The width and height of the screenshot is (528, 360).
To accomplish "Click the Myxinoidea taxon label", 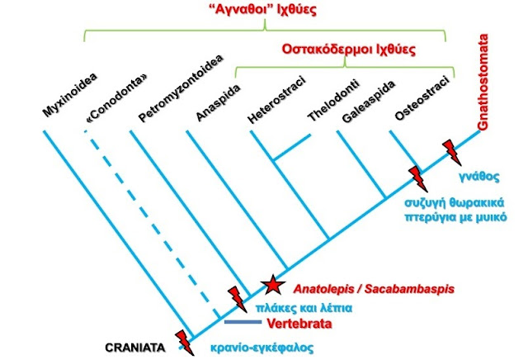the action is point(70,95).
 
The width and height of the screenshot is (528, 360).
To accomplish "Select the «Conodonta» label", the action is point(117,97).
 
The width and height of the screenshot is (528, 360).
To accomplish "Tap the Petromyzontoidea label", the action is point(181,88).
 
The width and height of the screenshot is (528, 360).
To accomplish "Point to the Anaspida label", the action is point(219,102).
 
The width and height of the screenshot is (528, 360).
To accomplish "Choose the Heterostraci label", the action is point(277,100).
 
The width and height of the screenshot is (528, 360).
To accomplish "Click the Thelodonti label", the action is point(333,101).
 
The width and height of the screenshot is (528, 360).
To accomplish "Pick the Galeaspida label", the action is point(369,102).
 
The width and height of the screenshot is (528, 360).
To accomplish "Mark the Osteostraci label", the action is point(422,98).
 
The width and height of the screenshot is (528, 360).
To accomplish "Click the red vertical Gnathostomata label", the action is point(483,82).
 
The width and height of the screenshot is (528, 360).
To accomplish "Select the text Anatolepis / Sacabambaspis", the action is point(374,289).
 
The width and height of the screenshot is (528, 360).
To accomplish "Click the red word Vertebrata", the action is point(299,324).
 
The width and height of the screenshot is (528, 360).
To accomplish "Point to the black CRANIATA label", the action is point(135,348).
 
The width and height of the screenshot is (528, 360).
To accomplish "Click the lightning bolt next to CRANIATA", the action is point(185,343).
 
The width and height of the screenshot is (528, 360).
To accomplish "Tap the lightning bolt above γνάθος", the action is point(451,153).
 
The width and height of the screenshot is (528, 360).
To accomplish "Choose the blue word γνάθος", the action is point(479,177).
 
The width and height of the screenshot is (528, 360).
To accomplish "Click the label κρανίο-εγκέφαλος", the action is point(262,348).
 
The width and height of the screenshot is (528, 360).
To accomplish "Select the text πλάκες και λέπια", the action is point(304,308).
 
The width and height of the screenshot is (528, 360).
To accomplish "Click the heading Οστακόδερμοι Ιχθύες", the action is point(348,50).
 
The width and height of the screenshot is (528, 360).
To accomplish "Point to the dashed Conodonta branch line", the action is point(152,225).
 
